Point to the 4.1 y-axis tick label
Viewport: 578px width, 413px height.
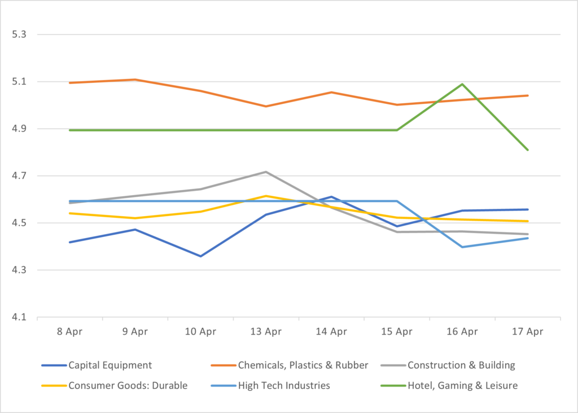click(x=19, y=318)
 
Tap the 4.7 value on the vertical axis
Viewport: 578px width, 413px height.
click(x=19, y=176)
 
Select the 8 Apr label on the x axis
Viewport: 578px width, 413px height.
click(x=69, y=332)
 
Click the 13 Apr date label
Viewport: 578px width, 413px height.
click(x=266, y=332)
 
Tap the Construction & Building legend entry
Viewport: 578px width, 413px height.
click(x=461, y=365)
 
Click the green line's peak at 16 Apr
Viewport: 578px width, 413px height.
click(x=462, y=84)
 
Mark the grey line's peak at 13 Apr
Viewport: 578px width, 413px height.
click(x=266, y=172)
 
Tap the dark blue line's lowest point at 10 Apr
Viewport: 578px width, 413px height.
click(x=200, y=256)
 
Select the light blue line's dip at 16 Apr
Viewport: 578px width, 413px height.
click(x=462, y=247)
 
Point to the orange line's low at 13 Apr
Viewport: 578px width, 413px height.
click(x=266, y=106)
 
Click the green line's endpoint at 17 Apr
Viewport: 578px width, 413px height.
click(x=528, y=150)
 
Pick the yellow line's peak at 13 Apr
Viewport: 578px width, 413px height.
click(x=266, y=196)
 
